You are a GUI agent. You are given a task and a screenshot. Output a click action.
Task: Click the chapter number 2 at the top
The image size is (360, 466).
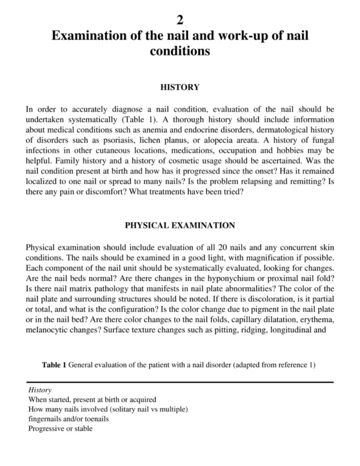coord(180,20)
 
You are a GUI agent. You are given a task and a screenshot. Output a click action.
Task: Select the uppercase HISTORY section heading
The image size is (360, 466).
coord(180,87)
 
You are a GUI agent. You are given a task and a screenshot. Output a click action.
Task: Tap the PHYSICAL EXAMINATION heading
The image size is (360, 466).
coord(180,225)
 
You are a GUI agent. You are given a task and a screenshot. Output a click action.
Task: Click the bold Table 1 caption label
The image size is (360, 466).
coord(54,365)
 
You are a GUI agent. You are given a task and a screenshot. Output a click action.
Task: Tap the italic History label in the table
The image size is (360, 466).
coord(40,390)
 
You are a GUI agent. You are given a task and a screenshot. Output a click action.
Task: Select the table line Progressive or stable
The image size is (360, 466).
coord(60,429)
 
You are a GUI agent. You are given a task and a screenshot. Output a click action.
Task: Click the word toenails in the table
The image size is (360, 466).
coord(95,419)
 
